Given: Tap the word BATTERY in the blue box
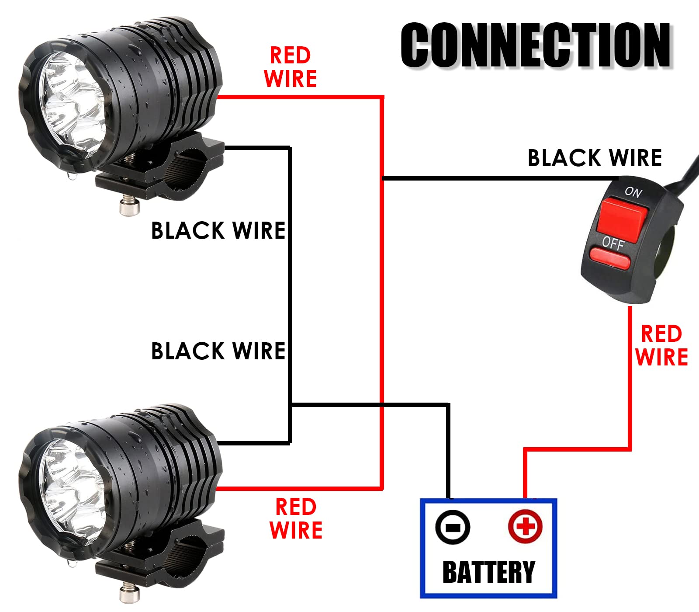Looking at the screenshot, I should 488,572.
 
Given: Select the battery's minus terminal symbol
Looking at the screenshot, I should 453,527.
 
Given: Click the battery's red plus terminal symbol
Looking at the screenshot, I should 525,526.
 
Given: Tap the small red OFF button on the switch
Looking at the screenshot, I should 610,258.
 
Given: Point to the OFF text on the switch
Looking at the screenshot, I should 612,243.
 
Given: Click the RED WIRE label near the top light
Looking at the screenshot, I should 290,67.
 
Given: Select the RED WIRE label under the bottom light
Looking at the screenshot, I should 296,519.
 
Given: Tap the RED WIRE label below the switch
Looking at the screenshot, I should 661,345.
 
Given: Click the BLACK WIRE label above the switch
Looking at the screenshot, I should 595,158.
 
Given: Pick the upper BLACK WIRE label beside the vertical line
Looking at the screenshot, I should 218,230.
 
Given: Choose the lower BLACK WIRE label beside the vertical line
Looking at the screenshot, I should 218,351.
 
